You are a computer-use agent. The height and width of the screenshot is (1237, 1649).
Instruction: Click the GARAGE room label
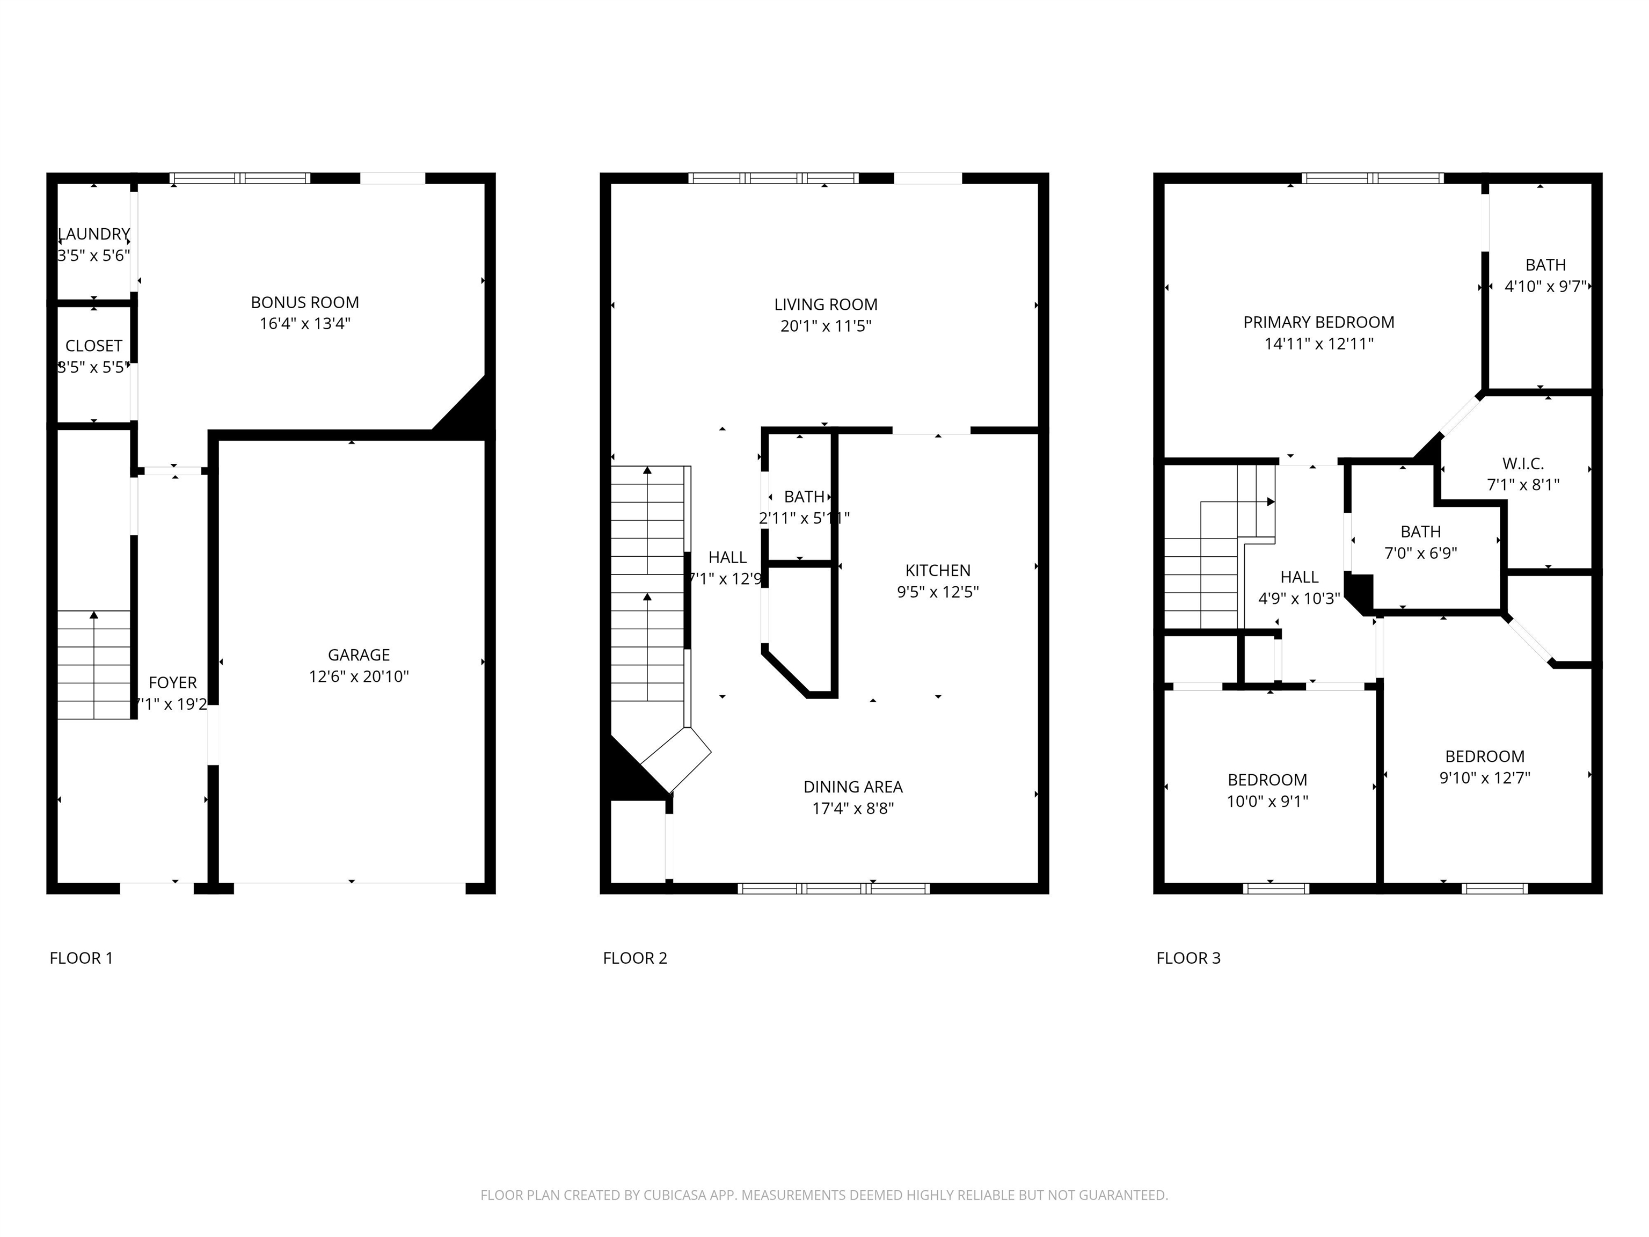point(359,654)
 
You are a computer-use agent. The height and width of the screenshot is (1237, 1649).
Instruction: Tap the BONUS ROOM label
point(304,302)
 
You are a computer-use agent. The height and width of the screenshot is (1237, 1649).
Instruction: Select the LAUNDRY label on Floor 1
point(94,234)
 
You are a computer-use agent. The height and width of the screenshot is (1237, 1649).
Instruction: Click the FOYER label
point(172,682)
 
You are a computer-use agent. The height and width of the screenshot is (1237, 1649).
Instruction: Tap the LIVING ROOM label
point(825,304)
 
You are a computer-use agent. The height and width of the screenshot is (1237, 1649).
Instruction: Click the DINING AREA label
point(853,787)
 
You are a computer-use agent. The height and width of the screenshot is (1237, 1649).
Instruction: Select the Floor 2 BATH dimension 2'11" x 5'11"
point(804,518)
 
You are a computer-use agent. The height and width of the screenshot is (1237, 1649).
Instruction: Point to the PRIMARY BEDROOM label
point(1318,322)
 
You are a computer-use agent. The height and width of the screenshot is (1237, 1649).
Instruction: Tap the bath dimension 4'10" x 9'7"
point(1545,286)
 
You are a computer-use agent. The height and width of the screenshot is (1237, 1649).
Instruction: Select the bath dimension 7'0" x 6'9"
point(1420,553)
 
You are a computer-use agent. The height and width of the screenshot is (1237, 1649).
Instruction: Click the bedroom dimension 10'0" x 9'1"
point(1267,802)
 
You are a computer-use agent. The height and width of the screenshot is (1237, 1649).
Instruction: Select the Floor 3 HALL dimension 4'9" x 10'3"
point(1298,598)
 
